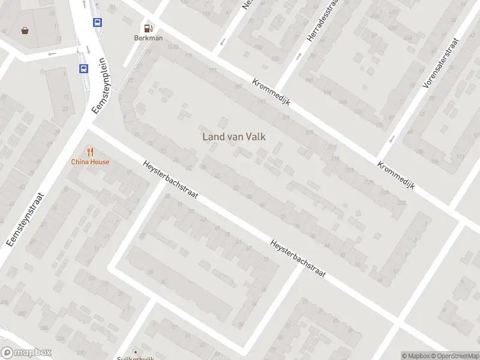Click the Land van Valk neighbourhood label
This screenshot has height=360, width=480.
click(234, 137)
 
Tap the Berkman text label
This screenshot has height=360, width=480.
click(148, 38)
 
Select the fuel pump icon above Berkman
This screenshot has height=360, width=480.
click(148, 28)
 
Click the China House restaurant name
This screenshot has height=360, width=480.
click(90, 161)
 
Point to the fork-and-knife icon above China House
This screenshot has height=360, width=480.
click(90, 152)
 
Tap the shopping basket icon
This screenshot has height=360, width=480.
click(25, 30)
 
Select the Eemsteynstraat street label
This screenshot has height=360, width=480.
click(25, 219)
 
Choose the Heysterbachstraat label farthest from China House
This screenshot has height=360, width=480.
click(298, 259)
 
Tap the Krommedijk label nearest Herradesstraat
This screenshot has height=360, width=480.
click(271, 93)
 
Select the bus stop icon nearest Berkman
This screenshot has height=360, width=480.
click(97, 22)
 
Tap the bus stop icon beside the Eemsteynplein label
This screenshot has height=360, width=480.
click(83, 68)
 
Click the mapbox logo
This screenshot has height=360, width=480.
click(26, 353)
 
